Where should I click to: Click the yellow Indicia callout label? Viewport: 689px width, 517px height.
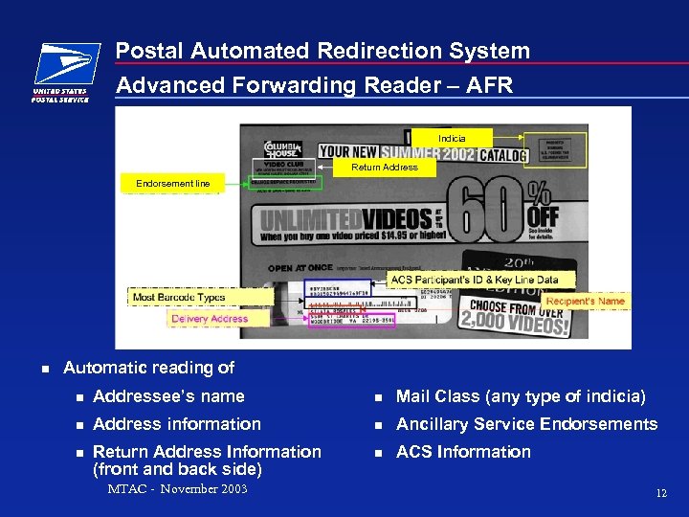[x=452, y=139]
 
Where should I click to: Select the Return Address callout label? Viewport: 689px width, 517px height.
[x=385, y=168]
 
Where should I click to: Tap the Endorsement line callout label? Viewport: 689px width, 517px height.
[x=172, y=183]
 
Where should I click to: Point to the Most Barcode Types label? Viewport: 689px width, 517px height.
[x=179, y=298]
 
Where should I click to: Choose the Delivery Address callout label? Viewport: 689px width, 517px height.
[x=210, y=319]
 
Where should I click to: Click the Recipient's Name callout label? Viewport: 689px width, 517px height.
[x=584, y=301]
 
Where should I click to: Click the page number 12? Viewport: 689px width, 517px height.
[x=660, y=493]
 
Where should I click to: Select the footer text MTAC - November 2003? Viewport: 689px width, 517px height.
[x=177, y=489]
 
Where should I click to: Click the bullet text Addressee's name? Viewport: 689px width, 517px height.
[x=168, y=396]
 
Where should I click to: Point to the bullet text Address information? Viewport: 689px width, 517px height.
[x=176, y=424]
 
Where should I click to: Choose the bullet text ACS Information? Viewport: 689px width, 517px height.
[x=463, y=452]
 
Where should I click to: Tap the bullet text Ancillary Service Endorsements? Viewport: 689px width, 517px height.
[x=526, y=424]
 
